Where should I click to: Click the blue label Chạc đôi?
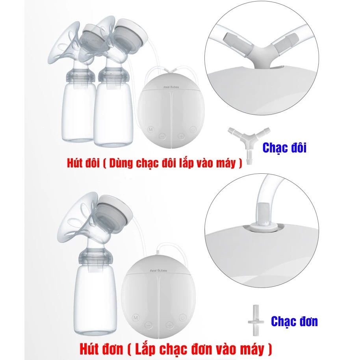tap(284, 148)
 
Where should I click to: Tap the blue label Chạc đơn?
tap(294, 321)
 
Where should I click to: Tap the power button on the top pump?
tap(193, 130)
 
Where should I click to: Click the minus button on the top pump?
tap(162, 137)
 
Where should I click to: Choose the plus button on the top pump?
tap(181, 137)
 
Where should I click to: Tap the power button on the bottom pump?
tap(182, 318)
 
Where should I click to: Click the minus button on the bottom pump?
tap(149, 325)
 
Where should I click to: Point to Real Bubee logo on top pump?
tap(171, 87)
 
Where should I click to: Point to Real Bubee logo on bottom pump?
tap(158, 271)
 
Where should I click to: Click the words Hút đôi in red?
tap(83, 163)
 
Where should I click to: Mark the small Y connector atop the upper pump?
tap(171, 70)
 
